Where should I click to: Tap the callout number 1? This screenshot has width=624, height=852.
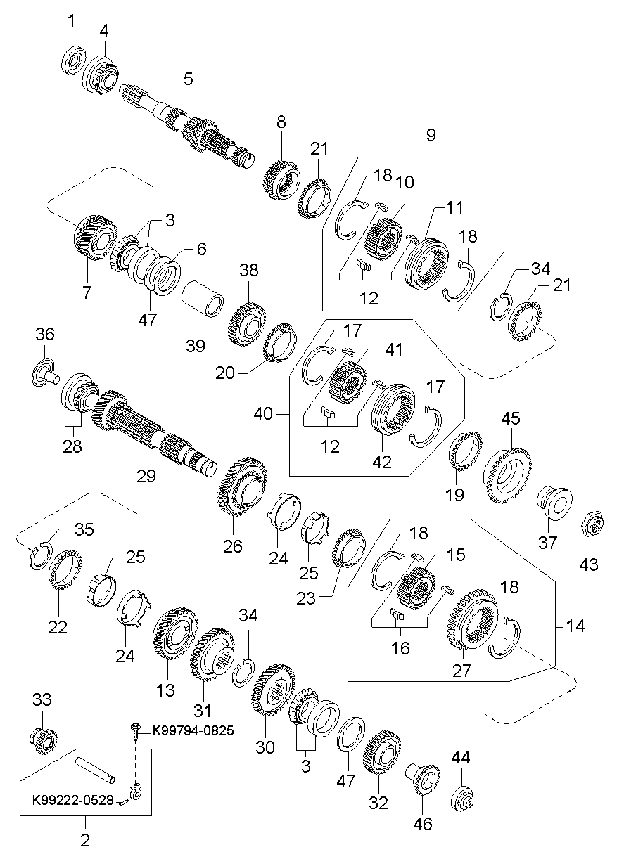tap(71, 21)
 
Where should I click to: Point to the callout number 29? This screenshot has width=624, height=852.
tap(146, 476)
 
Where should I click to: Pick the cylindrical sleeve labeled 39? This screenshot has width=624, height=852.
tap(205, 298)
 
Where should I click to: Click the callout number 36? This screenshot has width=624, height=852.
tap(44, 335)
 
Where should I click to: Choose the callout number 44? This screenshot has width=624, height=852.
tap(461, 758)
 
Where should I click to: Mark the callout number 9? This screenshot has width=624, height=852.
tap(431, 134)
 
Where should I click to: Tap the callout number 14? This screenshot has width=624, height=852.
tap(575, 626)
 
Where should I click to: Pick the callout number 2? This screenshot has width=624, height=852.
tap(85, 839)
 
